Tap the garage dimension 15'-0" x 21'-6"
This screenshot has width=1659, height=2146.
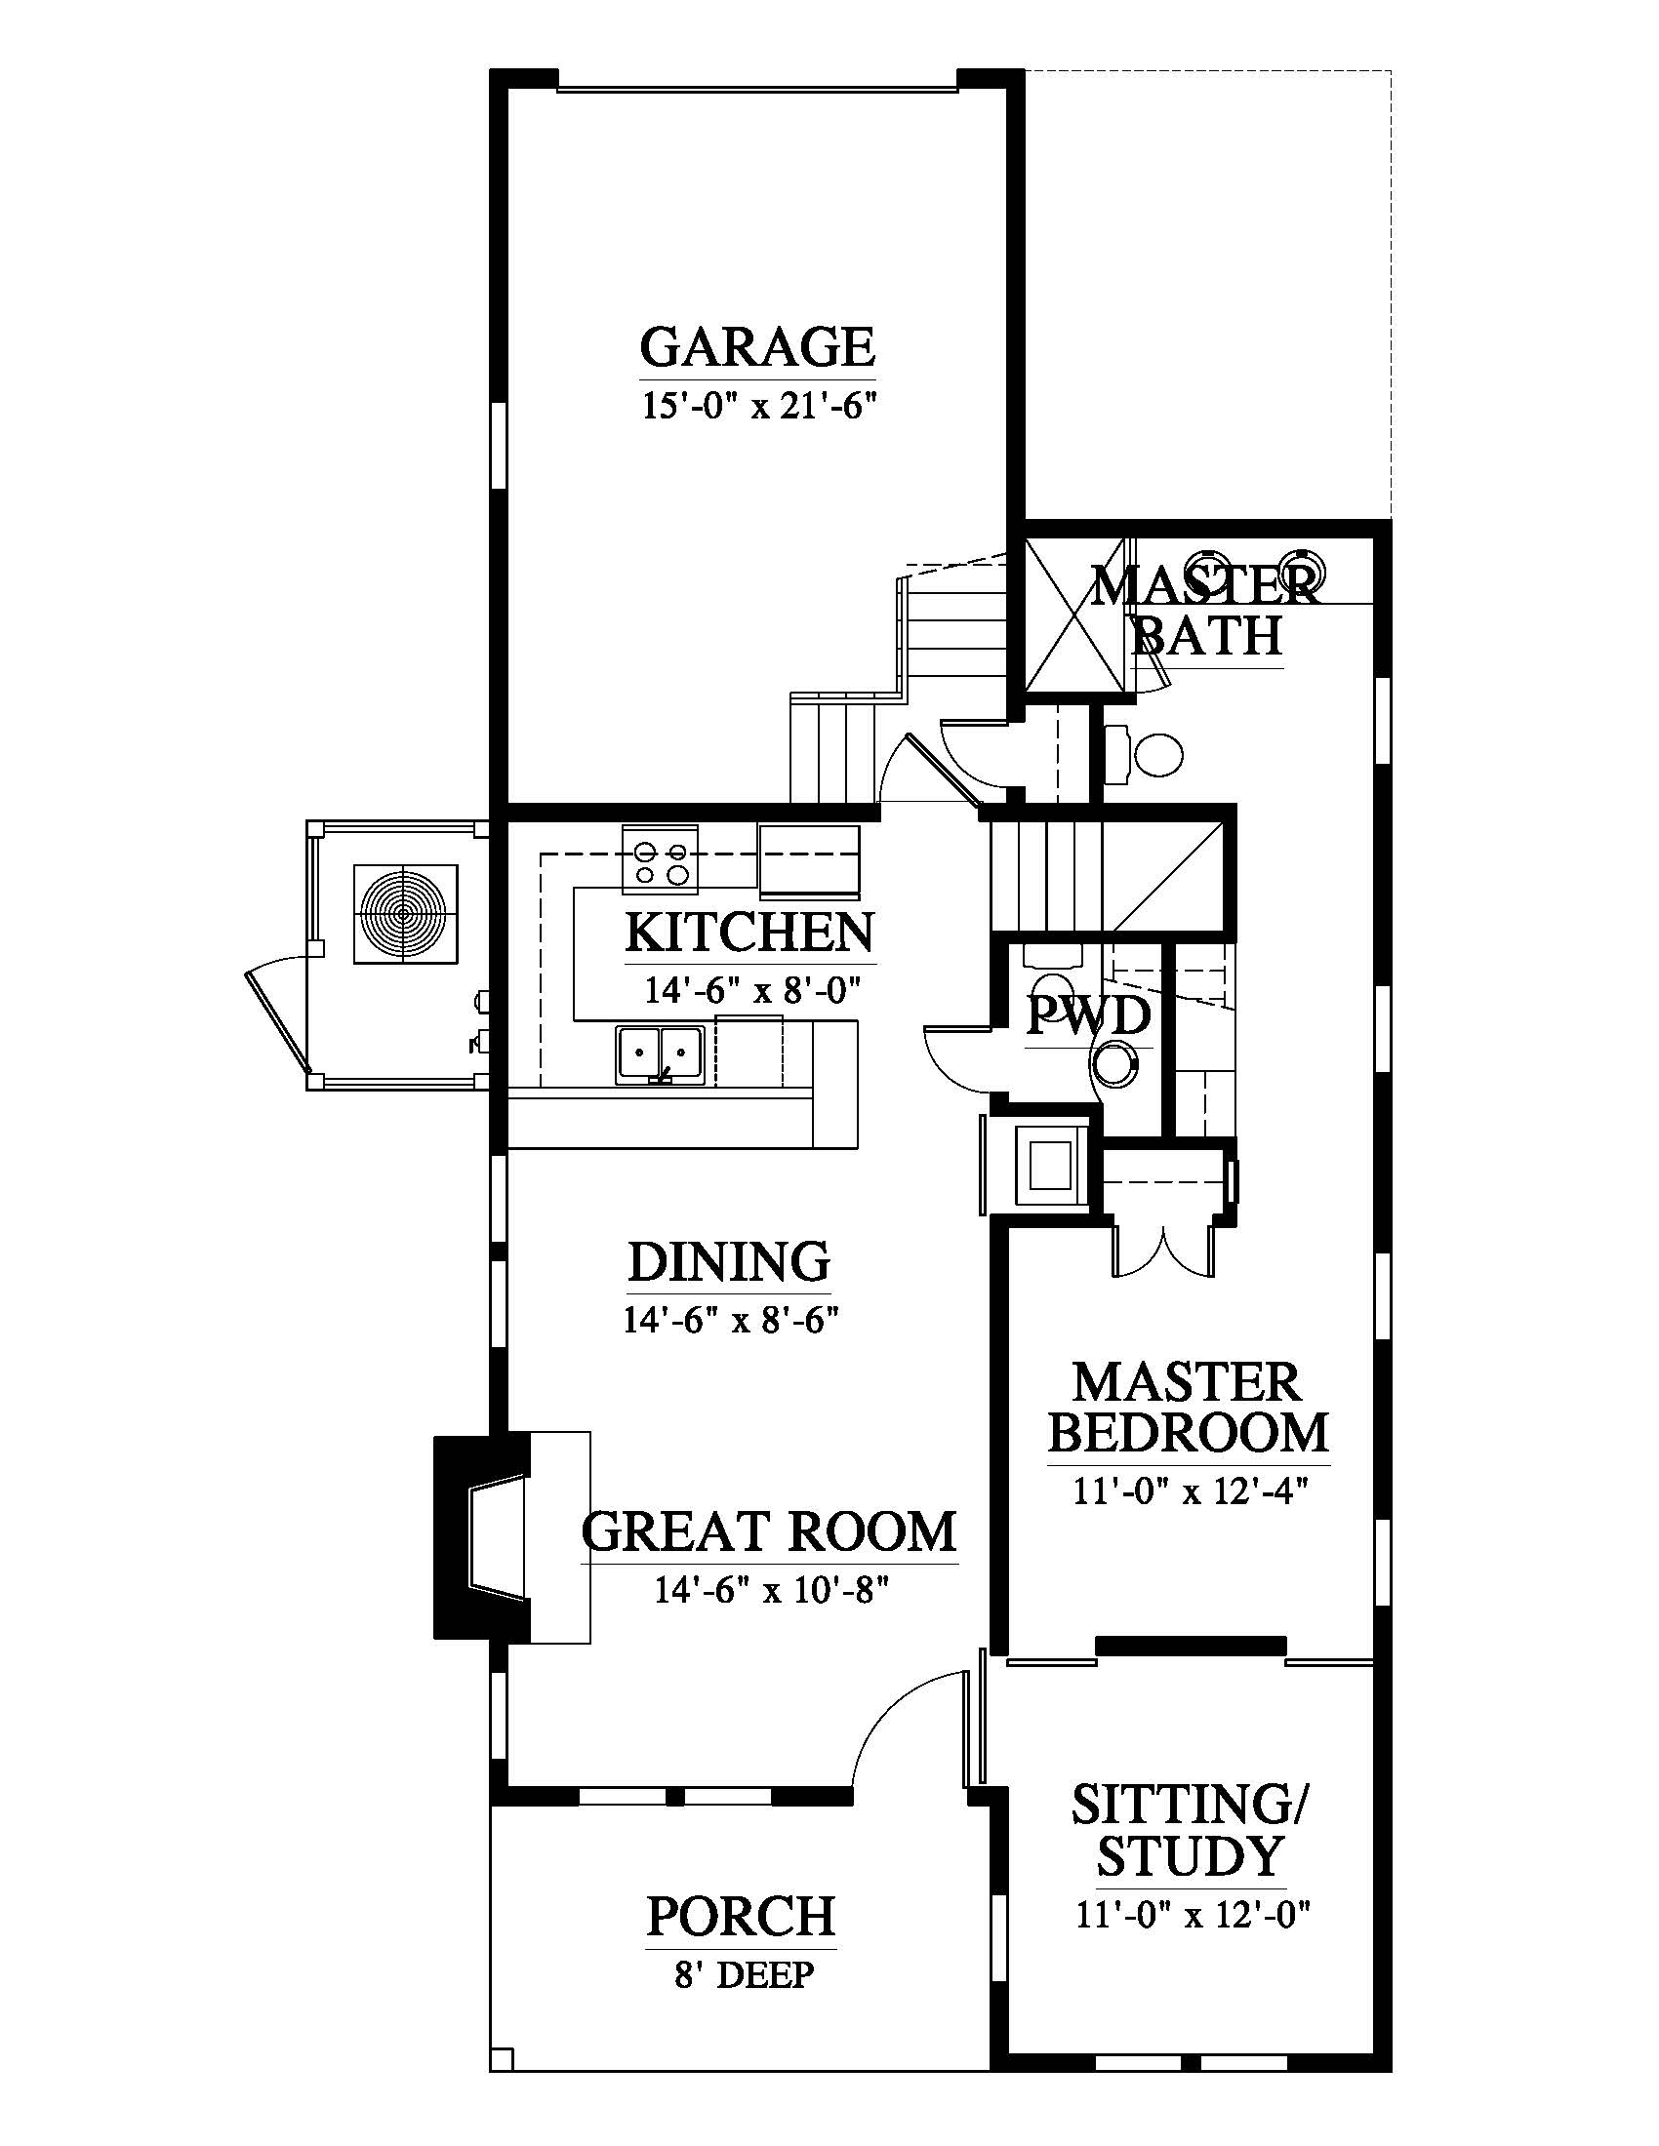757,405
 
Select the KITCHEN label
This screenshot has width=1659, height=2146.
749,932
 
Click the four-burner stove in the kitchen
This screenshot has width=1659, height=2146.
660,860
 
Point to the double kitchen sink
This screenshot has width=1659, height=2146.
660,1055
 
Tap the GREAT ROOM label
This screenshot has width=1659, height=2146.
769,1530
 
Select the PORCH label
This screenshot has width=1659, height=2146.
741,1915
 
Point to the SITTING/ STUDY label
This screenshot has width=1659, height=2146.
1191,1830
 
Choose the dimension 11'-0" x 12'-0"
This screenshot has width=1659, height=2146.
1194,1915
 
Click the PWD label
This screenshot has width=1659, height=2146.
1088,1016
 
